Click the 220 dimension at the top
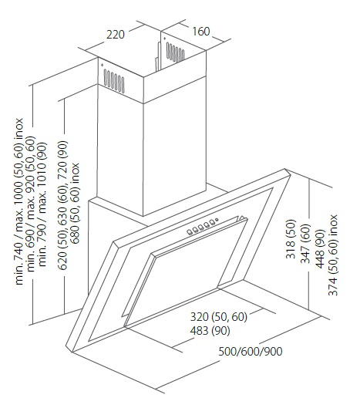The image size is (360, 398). (x=116, y=35)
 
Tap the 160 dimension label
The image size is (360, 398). (x=201, y=31)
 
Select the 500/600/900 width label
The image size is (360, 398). (x=251, y=351)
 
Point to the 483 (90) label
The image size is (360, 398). (x=210, y=330)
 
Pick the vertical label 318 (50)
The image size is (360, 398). (x=291, y=239)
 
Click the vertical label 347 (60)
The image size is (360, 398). (x=306, y=244)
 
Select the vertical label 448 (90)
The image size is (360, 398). (x=320, y=249)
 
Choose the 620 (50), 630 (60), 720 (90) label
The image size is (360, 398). (x=62, y=205)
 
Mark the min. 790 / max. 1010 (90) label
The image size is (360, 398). (x=42, y=204)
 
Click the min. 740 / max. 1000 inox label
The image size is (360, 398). (x=19, y=201)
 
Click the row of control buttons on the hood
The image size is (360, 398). (x=200, y=227)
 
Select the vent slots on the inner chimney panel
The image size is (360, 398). (x=176, y=53)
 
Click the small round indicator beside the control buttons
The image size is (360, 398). (x=217, y=220)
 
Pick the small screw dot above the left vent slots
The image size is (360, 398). (x=102, y=65)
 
